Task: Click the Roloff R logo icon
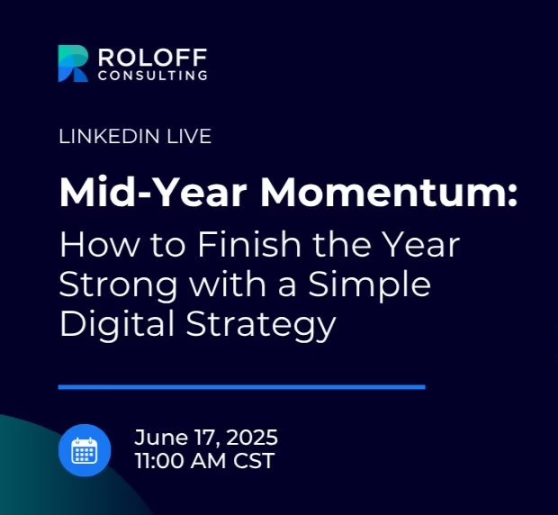point(73,64)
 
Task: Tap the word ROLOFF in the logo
point(152,58)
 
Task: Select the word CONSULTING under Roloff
point(153,76)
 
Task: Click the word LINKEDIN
point(109,136)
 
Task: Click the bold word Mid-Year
point(153,192)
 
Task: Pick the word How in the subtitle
point(99,245)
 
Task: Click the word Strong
point(118,285)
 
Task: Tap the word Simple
point(369,285)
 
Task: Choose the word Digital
point(117,324)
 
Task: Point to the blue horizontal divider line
point(241,387)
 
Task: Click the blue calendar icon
point(85,450)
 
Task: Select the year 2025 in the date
point(252,438)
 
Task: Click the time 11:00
point(160,461)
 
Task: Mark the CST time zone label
point(254,461)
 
